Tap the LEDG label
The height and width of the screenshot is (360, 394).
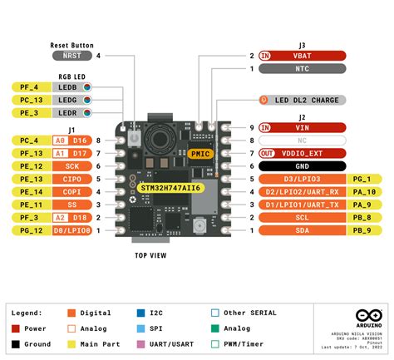(68, 100)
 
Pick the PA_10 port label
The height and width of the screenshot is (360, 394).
(366, 191)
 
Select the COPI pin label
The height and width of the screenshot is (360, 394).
(72, 191)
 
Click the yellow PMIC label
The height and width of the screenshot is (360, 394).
(200, 154)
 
